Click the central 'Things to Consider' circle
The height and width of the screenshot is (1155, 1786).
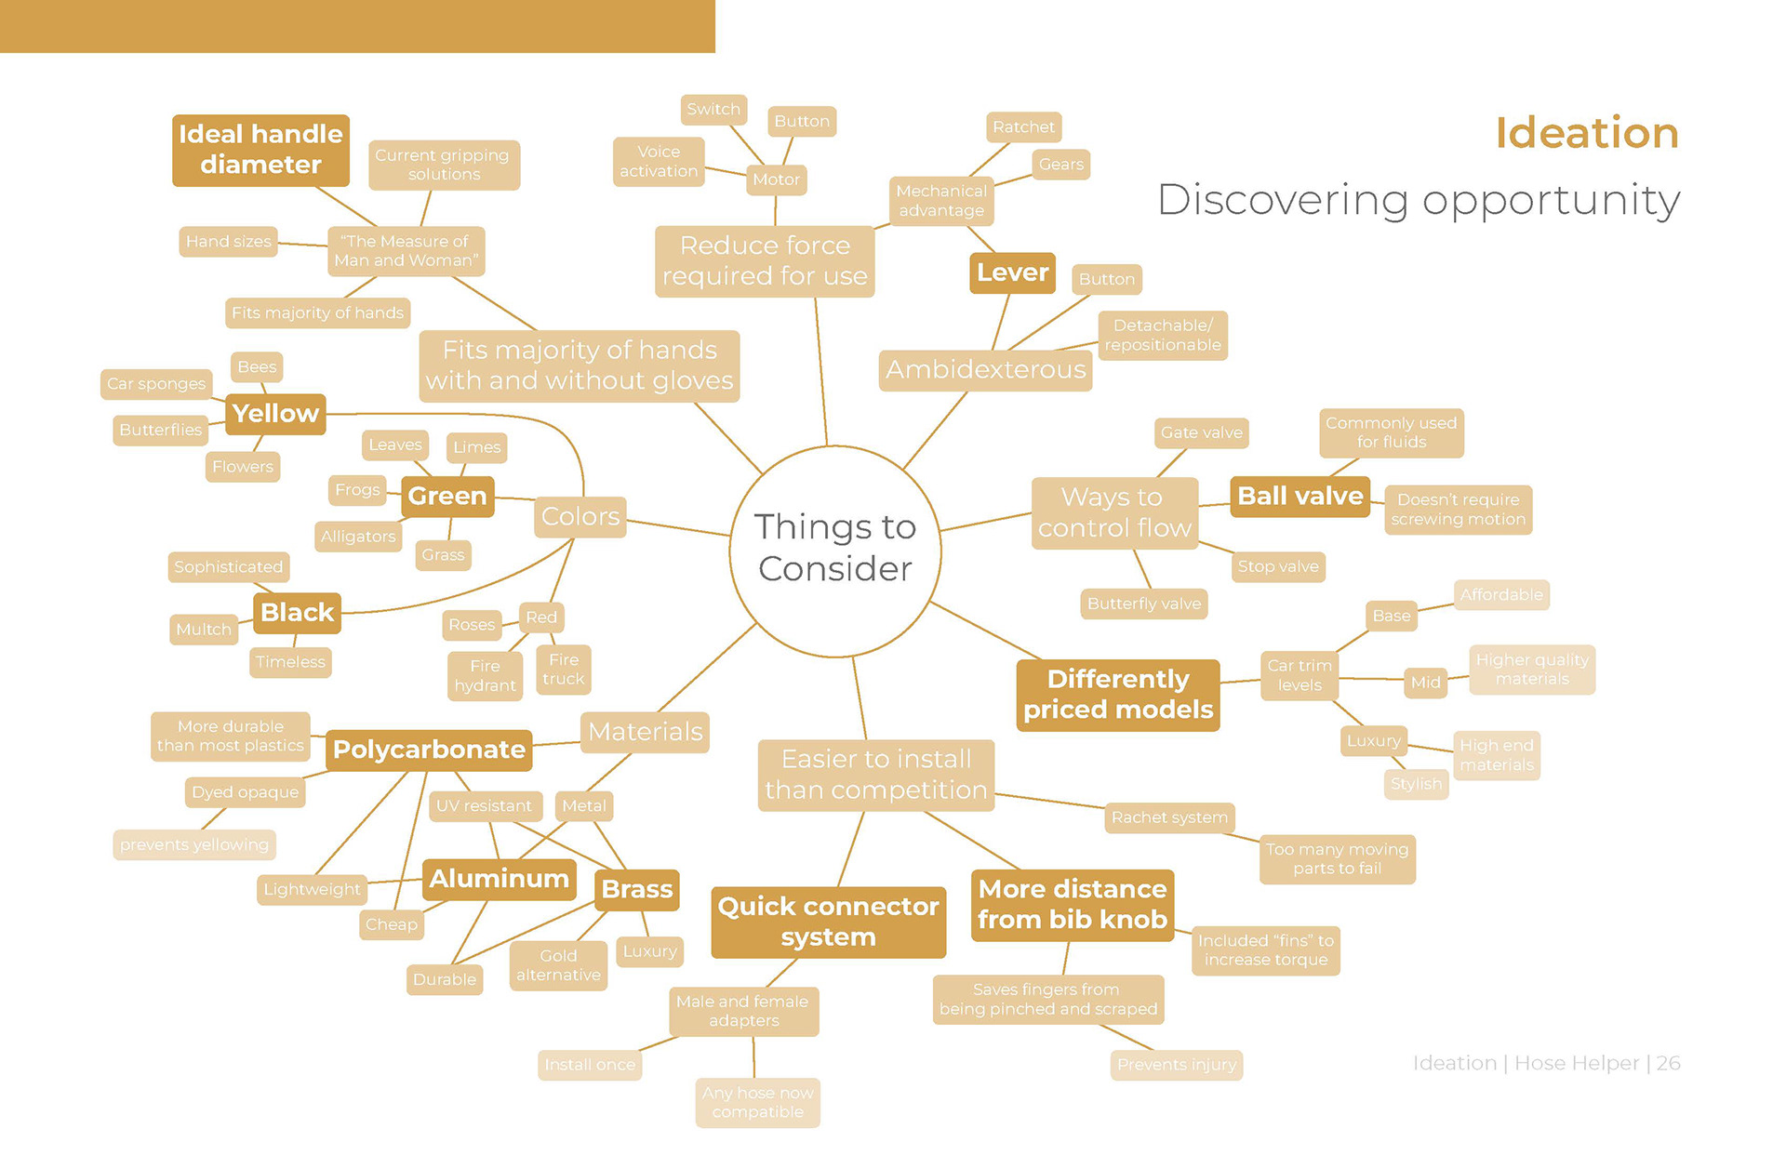[834, 550]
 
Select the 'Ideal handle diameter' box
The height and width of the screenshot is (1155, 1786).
[260, 150]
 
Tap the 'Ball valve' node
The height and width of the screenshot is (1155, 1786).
[1300, 497]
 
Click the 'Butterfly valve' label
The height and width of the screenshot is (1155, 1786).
[1143, 604]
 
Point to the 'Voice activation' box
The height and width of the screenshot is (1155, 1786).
[659, 162]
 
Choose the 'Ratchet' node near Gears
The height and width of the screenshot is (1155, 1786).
[1023, 127]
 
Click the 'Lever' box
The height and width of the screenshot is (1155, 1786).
[1012, 272]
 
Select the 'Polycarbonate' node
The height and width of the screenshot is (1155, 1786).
[429, 750]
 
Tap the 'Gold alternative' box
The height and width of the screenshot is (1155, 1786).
[558, 965]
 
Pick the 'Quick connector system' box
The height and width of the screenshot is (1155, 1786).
[828, 922]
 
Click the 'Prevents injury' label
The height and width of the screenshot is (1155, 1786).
[1176, 1065]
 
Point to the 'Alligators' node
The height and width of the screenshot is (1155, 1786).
[358, 537]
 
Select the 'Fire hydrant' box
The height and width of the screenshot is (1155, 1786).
[485, 676]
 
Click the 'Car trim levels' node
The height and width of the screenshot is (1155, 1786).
[1300, 675]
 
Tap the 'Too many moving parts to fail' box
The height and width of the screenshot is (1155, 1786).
[1337, 858]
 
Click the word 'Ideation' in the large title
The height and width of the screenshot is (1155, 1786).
[1586, 133]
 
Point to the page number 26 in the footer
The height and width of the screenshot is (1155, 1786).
[1669, 1063]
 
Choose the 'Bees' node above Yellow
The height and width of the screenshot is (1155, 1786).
[257, 366]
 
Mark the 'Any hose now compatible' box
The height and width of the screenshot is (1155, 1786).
[757, 1102]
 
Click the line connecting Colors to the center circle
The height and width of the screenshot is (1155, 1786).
[678, 526]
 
